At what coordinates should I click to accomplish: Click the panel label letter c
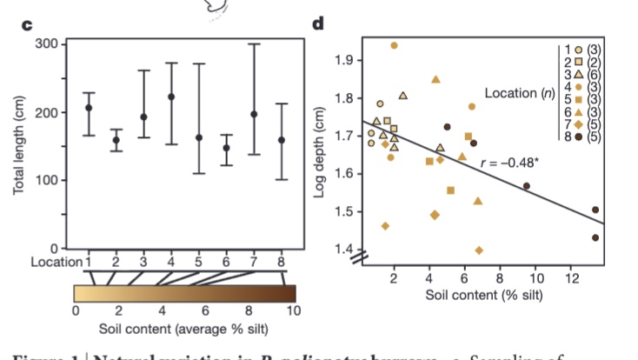pos(27,25)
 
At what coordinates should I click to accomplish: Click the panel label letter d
pos(319,25)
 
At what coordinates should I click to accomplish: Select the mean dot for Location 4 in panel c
pos(171,97)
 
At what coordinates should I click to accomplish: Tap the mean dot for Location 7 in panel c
pos(254,114)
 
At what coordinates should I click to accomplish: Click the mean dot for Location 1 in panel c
pos(89,108)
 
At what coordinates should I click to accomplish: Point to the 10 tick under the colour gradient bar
pos(293,310)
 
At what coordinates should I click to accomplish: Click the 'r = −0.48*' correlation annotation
pos(508,160)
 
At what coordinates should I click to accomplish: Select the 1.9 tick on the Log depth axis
pos(344,60)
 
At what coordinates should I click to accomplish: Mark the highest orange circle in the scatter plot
pos(395,45)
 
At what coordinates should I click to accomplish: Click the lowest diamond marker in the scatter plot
pos(480,250)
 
